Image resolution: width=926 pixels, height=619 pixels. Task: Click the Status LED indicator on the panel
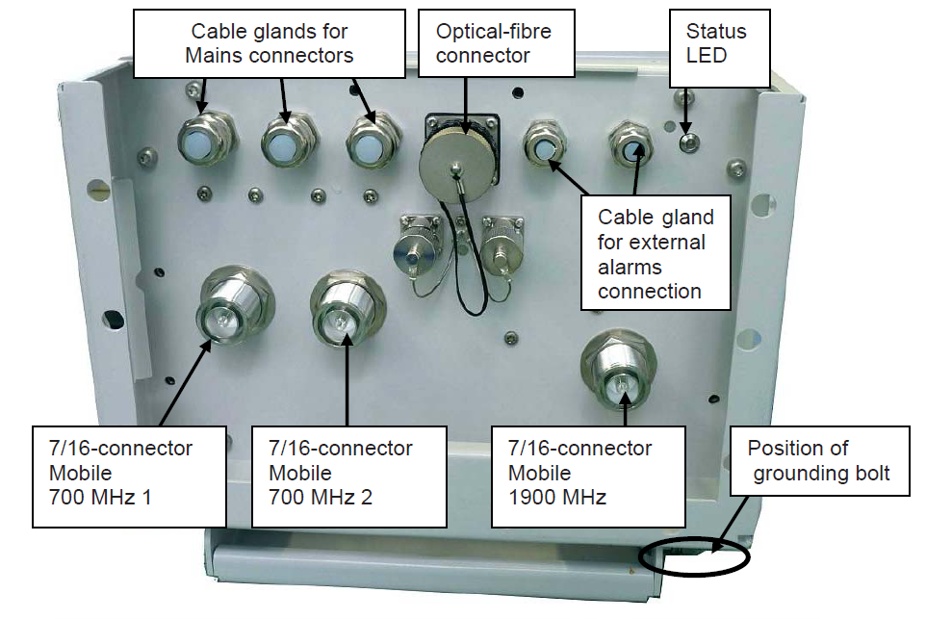(x=685, y=142)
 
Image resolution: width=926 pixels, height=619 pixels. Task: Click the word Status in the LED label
(x=715, y=32)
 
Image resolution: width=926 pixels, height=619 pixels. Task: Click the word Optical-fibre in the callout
(x=493, y=32)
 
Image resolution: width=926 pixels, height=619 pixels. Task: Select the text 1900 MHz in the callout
(x=557, y=498)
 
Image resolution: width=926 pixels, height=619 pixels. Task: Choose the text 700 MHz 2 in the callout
(x=321, y=498)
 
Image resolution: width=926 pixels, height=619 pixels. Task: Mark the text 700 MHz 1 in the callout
(x=99, y=498)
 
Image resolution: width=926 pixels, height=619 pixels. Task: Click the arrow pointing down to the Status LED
(x=684, y=111)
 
